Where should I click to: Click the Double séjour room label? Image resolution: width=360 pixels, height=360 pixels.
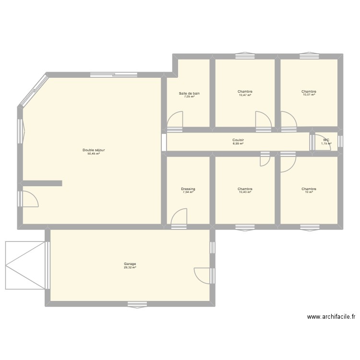click(94, 150)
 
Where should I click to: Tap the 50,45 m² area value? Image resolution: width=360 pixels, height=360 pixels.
click(94, 154)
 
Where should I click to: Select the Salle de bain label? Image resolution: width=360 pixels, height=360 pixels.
click(189, 93)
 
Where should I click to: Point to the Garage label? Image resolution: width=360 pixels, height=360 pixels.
click(130, 264)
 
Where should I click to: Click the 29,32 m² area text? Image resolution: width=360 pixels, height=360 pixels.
click(130, 267)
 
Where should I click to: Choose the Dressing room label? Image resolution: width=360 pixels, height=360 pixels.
click(188, 189)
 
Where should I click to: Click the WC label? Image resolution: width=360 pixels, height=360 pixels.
click(326, 141)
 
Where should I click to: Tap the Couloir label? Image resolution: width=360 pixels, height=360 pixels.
click(238, 141)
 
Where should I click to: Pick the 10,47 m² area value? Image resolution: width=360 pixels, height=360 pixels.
click(245, 95)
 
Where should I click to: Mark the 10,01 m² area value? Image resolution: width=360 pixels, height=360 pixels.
click(309, 95)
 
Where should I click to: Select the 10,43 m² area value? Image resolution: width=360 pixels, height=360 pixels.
click(245, 192)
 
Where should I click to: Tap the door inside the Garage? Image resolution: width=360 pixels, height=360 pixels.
click(202, 276)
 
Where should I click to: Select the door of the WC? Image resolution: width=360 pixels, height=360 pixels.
click(323, 143)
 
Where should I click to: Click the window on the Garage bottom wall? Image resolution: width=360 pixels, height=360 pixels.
click(137, 304)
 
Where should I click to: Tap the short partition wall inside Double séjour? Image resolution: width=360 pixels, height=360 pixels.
click(42, 183)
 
